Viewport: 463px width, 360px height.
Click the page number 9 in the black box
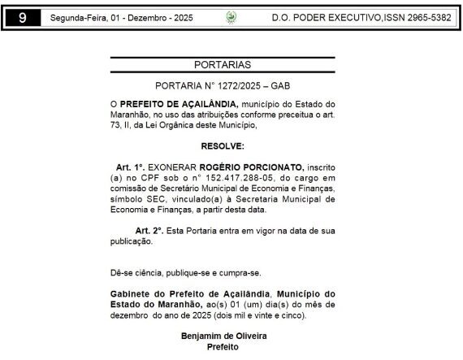(21, 16)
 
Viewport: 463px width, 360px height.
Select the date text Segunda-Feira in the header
(76, 16)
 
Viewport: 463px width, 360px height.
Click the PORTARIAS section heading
(223, 64)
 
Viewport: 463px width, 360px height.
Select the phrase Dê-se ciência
(138, 271)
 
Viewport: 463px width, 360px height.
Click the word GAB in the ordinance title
(281, 85)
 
